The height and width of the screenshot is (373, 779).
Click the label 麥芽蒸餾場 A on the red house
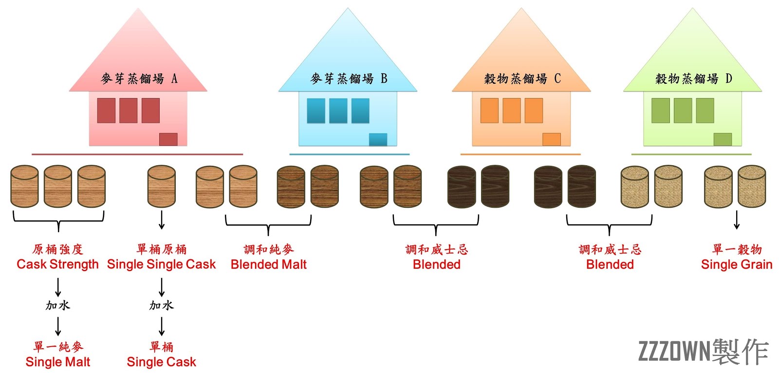(139, 79)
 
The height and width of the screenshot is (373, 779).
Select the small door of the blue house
(378, 139)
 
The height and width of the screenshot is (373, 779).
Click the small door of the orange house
(552, 139)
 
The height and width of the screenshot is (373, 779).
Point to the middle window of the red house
(129, 111)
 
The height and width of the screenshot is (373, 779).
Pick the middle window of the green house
(683, 111)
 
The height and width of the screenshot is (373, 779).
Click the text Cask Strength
(57, 264)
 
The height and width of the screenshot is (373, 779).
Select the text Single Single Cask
(161, 264)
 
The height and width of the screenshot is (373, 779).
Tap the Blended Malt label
(268, 264)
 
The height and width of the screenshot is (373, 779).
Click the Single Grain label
(737, 264)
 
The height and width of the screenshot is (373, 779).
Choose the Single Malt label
(57, 362)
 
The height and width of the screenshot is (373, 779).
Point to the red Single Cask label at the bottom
(161, 362)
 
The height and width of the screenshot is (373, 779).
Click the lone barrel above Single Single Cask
(162, 187)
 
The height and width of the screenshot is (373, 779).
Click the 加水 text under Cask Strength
(58, 306)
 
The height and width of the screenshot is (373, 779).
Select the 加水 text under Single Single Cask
(161, 306)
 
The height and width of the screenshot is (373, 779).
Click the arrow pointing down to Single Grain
(737, 220)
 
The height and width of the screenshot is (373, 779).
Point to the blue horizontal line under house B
(349, 154)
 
